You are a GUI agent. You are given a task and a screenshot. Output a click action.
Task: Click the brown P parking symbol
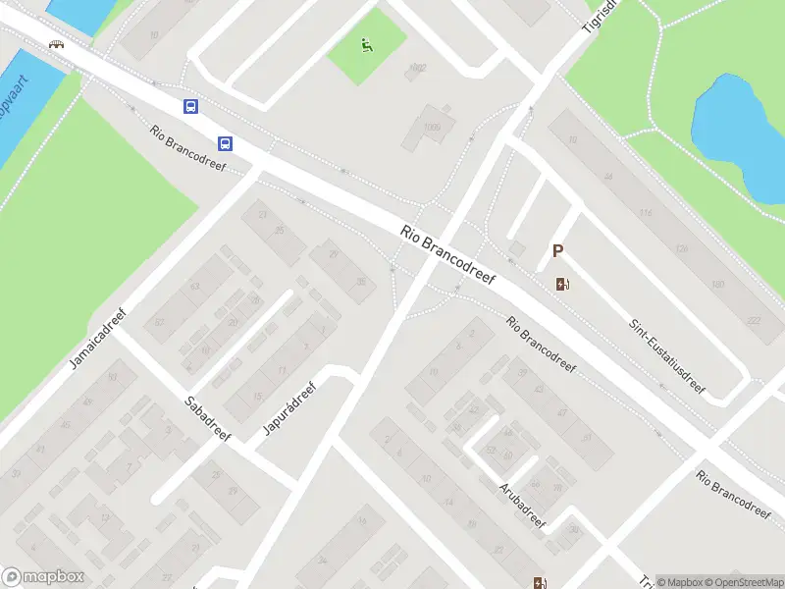click(557, 251)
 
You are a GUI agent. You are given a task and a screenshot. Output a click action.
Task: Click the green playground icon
click(366, 45)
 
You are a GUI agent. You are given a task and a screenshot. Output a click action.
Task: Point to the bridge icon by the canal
click(57, 44)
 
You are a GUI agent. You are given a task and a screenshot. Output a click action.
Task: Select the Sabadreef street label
click(207, 417)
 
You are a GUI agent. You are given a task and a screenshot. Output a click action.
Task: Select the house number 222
click(754, 321)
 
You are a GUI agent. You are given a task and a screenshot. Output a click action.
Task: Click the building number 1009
click(433, 128)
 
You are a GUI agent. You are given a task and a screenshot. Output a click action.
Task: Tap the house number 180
click(717, 285)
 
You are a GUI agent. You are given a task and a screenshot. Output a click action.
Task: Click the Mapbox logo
click(44, 577)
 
